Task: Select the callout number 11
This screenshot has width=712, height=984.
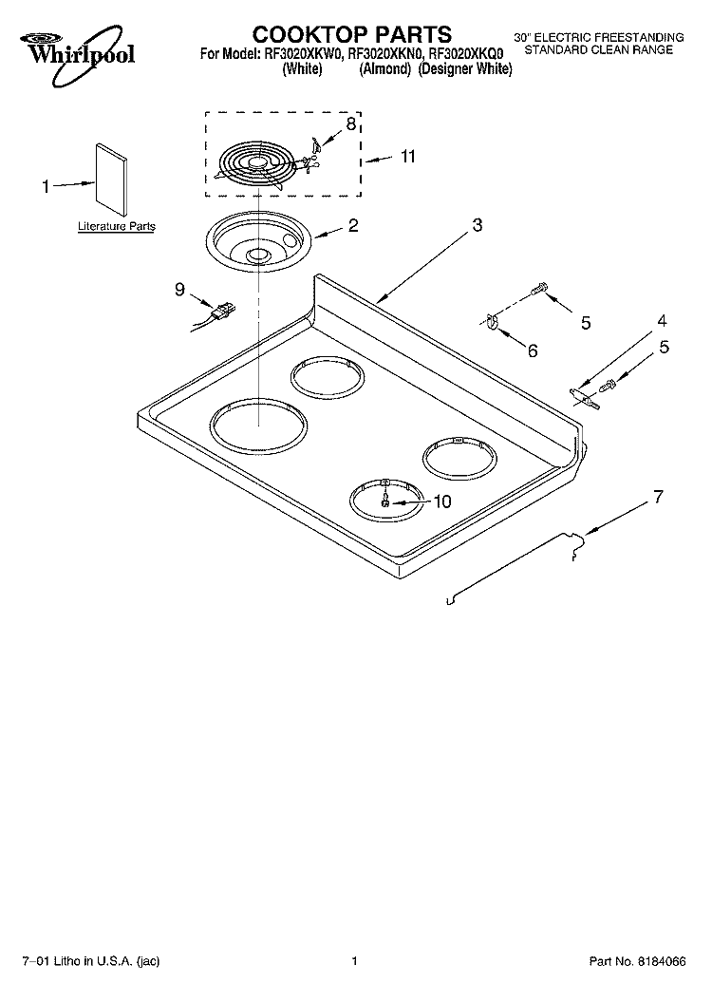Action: coord(407,157)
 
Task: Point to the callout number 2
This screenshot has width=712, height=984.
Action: coord(352,226)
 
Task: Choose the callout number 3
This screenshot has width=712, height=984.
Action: coord(478,225)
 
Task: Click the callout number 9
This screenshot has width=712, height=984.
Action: coord(179,290)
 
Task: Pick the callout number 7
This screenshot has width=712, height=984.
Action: coord(657,496)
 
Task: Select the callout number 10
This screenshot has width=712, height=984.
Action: coord(442,502)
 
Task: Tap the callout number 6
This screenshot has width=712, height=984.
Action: coord(532,350)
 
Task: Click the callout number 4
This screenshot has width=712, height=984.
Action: coord(662,320)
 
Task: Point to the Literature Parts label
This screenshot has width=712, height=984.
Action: coord(116,227)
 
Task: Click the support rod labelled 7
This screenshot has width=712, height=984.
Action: coord(513,570)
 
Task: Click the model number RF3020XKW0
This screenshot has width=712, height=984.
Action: coord(304,54)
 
